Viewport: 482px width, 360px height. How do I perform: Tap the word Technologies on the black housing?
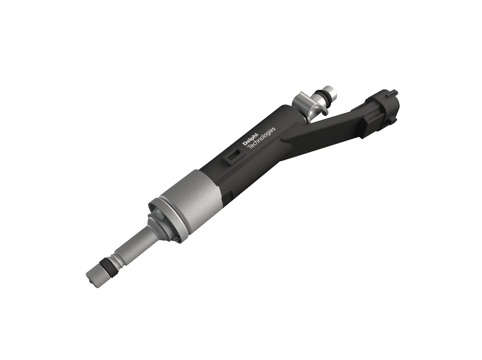coord(261,138)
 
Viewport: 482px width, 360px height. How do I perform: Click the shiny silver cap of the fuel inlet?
coord(331,90)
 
